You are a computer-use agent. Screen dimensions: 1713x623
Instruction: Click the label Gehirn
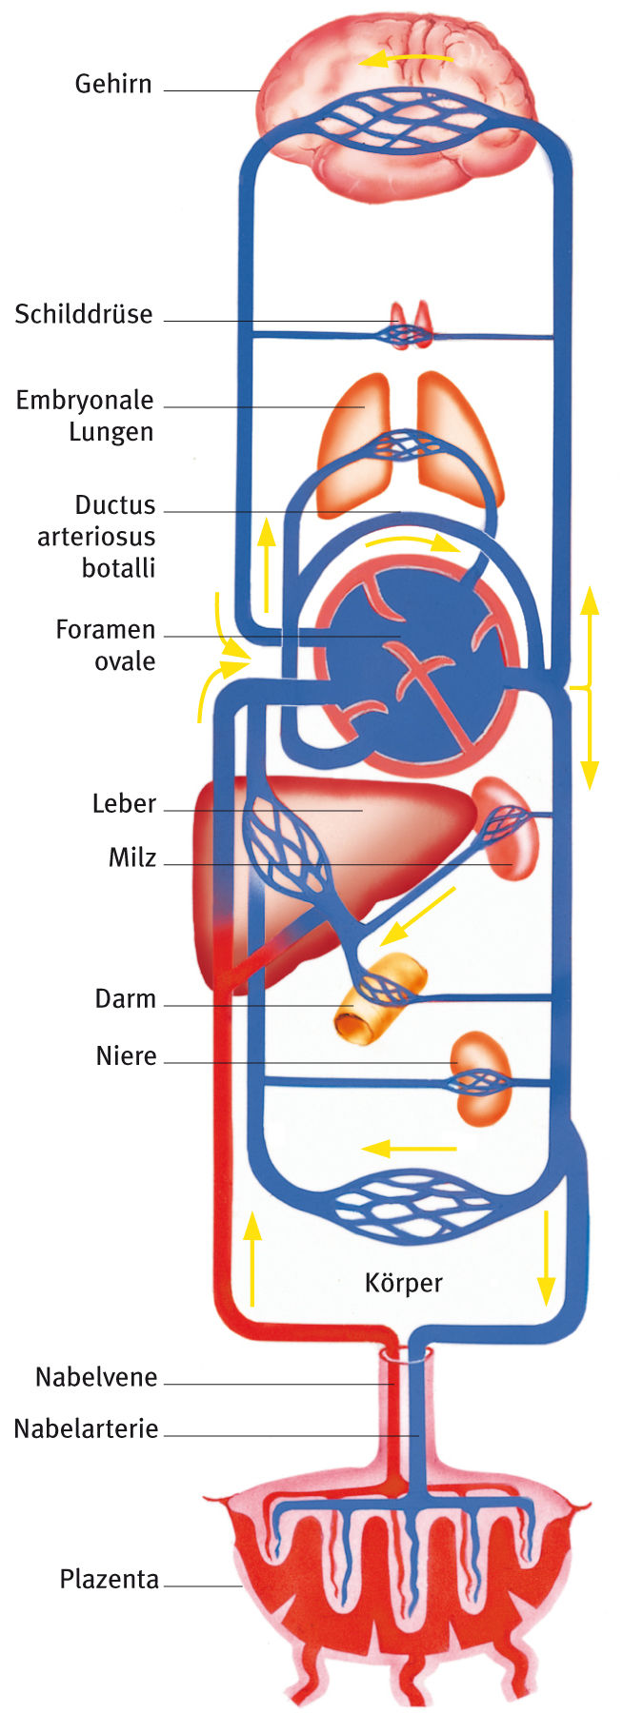point(113,84)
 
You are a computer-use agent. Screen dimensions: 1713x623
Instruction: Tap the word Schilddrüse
point(84,314)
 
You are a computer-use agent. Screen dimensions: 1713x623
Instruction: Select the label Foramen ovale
point(105,645)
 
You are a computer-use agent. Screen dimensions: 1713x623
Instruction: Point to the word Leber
point(124,803)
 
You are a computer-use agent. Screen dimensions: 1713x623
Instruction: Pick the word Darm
point(125,999)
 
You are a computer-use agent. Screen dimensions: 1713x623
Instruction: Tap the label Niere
point(126,1056)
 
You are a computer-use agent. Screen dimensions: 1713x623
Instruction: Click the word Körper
point(403,1283)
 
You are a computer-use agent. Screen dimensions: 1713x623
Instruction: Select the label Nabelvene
point(96,1377)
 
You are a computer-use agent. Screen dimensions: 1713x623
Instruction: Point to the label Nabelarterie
point(86,1428)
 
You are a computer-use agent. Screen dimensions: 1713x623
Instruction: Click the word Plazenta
point(109,1579)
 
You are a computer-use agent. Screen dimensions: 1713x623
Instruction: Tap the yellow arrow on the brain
point(405,59)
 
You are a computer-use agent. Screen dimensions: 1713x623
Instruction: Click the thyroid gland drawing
point(410,325)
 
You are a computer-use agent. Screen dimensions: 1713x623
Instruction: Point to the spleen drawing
point(508,826)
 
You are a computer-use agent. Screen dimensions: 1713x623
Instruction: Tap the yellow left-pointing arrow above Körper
point(409,1148)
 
